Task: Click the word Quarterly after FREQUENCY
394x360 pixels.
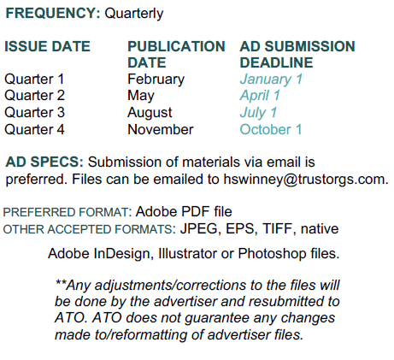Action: click(134, 14)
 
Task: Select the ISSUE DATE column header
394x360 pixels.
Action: click(47, 46)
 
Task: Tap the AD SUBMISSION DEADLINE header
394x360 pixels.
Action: click(297, 55)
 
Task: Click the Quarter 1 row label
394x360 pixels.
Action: click(34, 79)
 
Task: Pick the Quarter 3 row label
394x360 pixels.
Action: click(34, 112)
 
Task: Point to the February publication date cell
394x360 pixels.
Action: click(156, 80)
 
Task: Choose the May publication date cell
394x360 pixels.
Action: click(141, 96)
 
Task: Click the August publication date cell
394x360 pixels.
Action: click(150, 113)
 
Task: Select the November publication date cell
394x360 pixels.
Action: click(161, 129)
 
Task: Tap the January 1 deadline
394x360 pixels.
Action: click(271, 80)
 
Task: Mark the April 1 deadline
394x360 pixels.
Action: click(260, 96)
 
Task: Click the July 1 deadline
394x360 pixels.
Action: click(258, 113)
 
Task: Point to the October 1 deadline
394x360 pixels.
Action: click(271, 129)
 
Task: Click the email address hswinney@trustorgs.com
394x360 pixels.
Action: click(306, 180)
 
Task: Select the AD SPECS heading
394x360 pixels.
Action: click(44, 162)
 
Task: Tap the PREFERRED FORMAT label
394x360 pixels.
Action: click(68, 212)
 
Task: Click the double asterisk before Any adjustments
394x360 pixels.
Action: click(61, 283)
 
